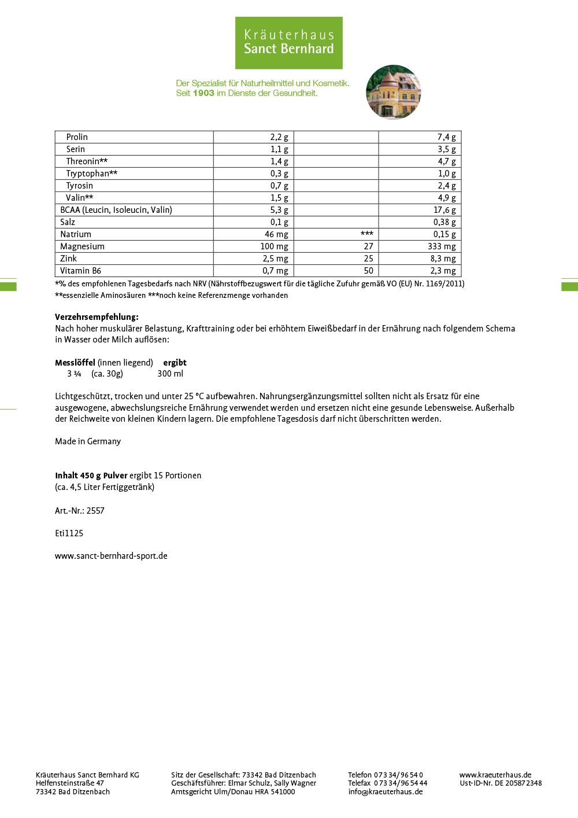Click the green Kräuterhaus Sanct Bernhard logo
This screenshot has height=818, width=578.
coord(288,43)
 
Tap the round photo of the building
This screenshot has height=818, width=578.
coord(393,92)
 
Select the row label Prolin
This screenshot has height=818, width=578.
coord(77,137)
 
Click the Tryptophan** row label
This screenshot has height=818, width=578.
coord(92,174)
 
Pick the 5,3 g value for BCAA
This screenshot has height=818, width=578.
coord(279,210)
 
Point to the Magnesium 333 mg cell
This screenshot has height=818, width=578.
coord(442,246)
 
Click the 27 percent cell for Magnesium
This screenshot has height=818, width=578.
coord(368,246)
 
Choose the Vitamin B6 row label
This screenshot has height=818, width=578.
coord(80,271)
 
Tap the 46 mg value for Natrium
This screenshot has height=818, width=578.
coord(276,234)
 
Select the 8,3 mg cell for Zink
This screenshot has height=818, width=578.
coord(443,259)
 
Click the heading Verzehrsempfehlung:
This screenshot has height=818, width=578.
coord(97,317)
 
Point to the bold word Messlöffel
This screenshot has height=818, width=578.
coord(75,363)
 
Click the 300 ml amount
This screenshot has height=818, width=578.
coord(170,374)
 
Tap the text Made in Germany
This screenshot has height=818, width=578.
coord(88,441)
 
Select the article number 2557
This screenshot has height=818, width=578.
coord(95,511)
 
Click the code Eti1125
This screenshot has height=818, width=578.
coord(69,533)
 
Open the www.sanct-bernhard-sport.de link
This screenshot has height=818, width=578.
coord(111,556)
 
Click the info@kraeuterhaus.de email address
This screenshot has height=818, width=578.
coord(385,792)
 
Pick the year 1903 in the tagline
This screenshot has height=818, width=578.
coord(203,93)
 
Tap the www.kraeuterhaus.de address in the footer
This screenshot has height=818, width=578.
coord(495,775)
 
